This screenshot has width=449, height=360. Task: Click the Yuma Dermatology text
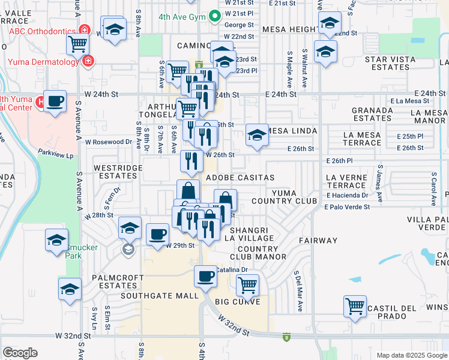click(x=43, y=61)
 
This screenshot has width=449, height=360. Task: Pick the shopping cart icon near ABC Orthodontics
click(x=77, y=43)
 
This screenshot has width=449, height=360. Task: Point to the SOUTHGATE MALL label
click(x=159, y=296)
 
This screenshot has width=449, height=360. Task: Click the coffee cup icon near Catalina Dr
click(x=205, y=276)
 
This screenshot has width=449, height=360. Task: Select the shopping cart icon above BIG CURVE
click(x=247, y=284)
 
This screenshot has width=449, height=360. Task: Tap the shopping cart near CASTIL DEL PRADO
click(x=355, y=305)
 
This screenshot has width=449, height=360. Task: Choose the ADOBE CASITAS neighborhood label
click(x=240, y=178)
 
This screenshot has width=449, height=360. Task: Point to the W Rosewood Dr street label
click(x=108, y=142)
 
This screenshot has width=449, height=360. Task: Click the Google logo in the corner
click(x=20, y=353)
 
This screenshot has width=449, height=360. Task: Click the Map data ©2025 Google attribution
click(x=412, y=355)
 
